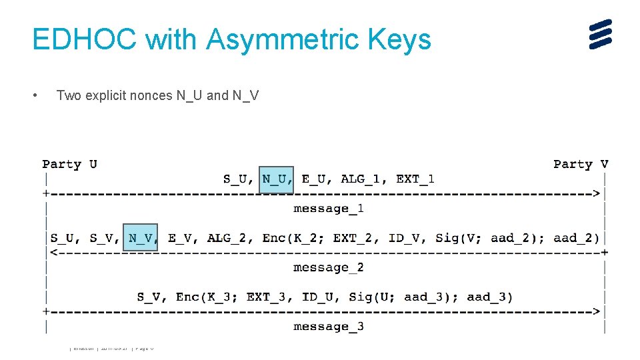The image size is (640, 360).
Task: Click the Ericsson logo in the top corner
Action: [600, 34]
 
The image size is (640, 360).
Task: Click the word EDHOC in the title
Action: [85, 40]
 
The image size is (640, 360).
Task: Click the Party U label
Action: [69, 164]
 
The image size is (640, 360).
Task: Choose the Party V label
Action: [580, 164]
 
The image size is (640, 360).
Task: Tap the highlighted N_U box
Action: [276, 179]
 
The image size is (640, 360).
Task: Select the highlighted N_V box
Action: [141, 238]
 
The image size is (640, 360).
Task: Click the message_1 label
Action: [329, 209]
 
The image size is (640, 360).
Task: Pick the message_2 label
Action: [329, 267]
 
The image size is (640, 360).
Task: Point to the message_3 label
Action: [329, 326]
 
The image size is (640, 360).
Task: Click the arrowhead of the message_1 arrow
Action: [596, 194]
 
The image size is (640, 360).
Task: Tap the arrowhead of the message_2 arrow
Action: [50, 253]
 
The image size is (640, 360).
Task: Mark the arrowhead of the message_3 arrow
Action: [596, 311]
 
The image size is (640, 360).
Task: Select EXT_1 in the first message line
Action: [415, 179]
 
